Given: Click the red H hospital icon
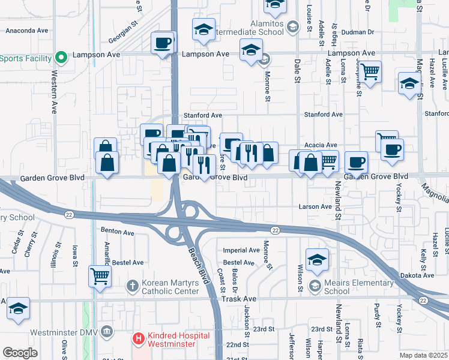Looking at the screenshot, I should point(139,339).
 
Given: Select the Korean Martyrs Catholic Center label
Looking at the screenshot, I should point(169,286).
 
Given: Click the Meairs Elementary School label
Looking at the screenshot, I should point(336,286).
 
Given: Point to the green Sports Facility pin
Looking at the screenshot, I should point(61,58).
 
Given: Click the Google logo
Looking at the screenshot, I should point(20,353).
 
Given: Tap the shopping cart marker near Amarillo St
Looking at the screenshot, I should point(100,276).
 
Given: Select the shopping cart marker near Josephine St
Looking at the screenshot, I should point(370,72).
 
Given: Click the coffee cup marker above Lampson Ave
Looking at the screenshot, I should point(163,43).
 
